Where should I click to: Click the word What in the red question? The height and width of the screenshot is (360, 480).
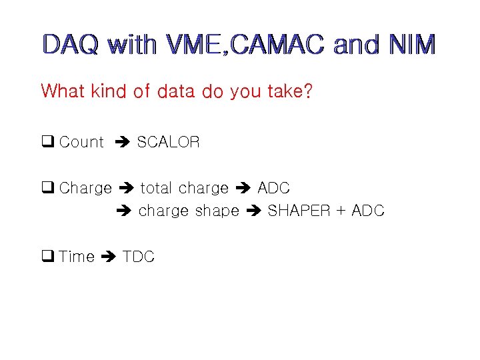(62, 91)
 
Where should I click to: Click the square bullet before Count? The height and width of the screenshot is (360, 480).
(47, 142)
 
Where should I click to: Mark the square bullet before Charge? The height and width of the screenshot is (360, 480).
(47, 188)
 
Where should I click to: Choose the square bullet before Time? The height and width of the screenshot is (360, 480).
(47, 257)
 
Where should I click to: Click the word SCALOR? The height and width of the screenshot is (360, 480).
(168, 142)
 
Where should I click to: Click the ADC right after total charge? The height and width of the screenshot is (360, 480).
(273, 188)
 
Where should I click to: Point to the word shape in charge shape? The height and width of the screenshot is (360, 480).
(217, 211)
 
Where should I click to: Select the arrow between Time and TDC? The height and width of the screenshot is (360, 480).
(109, 257)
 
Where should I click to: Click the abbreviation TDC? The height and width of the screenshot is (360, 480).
(139, 257)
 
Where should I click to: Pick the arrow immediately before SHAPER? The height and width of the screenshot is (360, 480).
(253, 211)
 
